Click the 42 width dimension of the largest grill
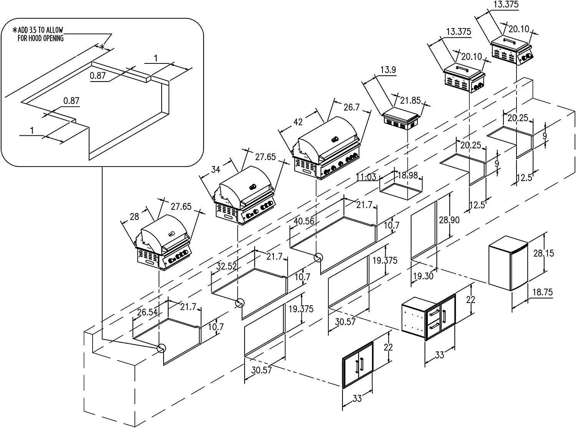point(298,122)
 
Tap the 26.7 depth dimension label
point(351,107)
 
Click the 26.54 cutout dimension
point(147,312)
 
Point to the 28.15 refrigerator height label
point(543,253)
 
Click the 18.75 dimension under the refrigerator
point(543,292)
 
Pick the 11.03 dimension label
point(366,177)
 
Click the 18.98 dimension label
point(407,175)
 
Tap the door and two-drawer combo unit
point(429,318)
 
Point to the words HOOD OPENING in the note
point(41,38)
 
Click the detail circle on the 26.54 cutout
point(161,348)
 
